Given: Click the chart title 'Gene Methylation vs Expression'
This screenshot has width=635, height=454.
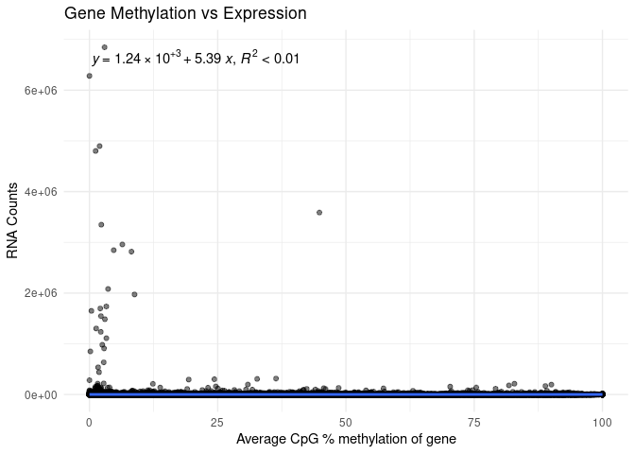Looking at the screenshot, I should tap(185, 14).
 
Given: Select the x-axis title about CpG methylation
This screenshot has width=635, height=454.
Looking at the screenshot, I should tap(346, 439).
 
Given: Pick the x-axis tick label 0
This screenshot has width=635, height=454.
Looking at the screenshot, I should tap(89, 419).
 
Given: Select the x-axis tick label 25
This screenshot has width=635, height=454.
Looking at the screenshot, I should tap(217, 419).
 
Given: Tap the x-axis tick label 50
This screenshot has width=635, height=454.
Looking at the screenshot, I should tap(346, 419).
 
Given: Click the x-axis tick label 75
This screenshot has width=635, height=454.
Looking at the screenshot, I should tap(474, 419).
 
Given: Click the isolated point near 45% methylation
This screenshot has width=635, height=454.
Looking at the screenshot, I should tap(319, 212).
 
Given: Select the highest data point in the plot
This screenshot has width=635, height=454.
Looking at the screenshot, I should tap(105, 47).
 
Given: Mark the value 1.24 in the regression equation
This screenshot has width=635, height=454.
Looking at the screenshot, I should tap(127, 60).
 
